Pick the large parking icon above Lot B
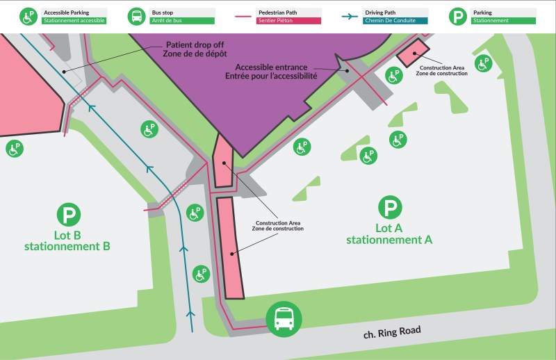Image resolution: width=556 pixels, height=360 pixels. coord(67,214)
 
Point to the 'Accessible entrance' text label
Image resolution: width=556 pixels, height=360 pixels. coord(276,67)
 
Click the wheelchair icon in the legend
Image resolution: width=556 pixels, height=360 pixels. coord(28,16)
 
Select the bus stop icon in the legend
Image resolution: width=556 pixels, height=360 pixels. coord(138,16)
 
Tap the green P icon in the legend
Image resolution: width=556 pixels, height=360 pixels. coord(458,16)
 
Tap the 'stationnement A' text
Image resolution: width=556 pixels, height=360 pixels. coord(389,240)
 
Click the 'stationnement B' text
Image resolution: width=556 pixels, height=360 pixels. coord(67,246)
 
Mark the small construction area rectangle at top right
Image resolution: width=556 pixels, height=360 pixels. coord(413,53)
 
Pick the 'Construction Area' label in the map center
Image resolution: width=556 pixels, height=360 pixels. coord(278,223)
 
